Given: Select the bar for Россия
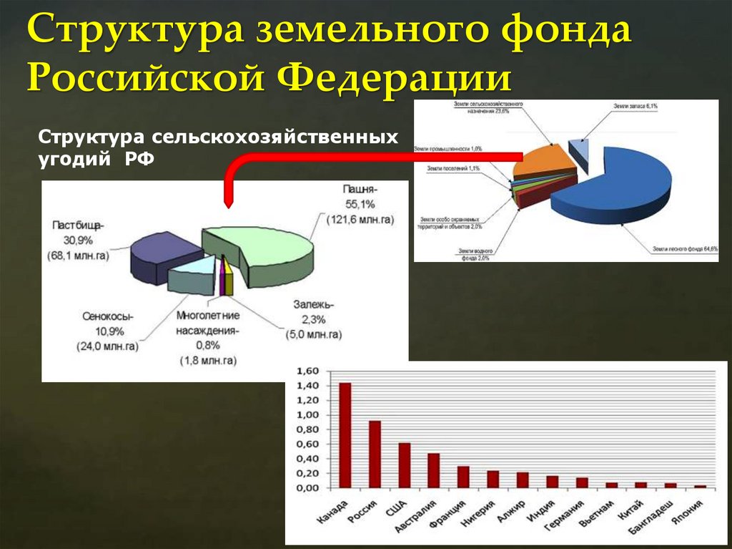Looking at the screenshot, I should pos(375,454).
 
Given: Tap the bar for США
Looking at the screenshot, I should pos(405,465).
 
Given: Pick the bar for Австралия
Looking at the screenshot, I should pos(434,470).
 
